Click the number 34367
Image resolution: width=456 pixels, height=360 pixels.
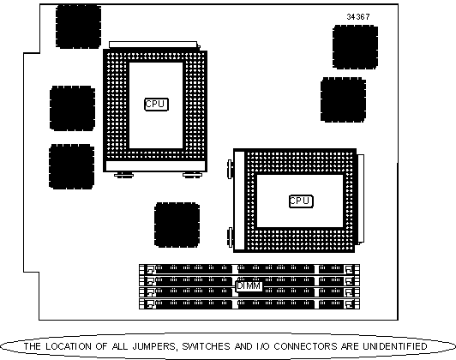[x=358, y=17]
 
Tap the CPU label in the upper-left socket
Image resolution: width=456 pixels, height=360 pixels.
[x=157, y=104]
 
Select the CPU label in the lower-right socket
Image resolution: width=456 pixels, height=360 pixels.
[x=301, y=201]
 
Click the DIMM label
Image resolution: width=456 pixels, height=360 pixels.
[x=249, y=286]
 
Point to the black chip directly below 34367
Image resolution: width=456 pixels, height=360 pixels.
[x=355, y=47]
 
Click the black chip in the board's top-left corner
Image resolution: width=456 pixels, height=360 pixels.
[x=78, y=27]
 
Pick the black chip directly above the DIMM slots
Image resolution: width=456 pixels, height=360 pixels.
[x=177, y=225]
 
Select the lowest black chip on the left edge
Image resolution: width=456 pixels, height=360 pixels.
[x=71, y=166]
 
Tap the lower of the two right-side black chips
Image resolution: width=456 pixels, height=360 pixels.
[x=343, y=99]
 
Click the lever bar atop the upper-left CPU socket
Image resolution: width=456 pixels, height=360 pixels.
[x=153, y=45]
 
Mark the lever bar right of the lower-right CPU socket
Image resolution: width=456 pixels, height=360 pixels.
[x=361, y=198]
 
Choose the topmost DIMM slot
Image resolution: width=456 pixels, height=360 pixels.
[x=249, y=269]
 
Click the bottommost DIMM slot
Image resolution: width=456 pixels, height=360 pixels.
[x=249, y=304]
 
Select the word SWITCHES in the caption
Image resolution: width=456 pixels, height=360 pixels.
[x=207, y=346]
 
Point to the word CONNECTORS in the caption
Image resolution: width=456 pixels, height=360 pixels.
[x=306, y=346]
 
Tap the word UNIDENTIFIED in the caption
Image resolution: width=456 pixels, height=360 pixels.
[x=395, y=346]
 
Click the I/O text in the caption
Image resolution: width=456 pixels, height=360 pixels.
[x=263, y=346]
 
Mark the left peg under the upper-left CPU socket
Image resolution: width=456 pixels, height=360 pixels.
[x=123, y=175]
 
